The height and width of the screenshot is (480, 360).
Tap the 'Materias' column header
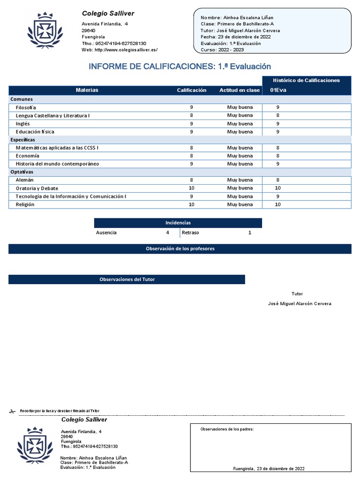point(87,90)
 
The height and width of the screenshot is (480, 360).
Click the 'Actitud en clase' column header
point(240,90)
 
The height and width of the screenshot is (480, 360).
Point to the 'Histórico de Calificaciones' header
point(307,81)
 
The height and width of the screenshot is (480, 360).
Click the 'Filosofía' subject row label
point(26,107)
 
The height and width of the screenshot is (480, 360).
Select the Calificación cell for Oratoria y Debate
point(191,188)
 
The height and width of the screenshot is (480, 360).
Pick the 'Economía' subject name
point(27,156)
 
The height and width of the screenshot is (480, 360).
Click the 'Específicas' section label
point(22,140)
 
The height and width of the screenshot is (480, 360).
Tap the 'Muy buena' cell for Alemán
point(240,180)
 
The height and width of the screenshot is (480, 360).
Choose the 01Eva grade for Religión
point(277,204)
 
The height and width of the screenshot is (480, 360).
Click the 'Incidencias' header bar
point(178,223)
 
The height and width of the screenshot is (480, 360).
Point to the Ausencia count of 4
point(167,232)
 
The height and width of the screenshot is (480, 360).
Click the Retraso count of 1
point(250,232)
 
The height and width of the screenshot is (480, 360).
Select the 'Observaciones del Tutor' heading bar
point(127,279)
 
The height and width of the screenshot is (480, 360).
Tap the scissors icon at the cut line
point(13,411)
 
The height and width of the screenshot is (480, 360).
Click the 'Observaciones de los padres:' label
point(227,429)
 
